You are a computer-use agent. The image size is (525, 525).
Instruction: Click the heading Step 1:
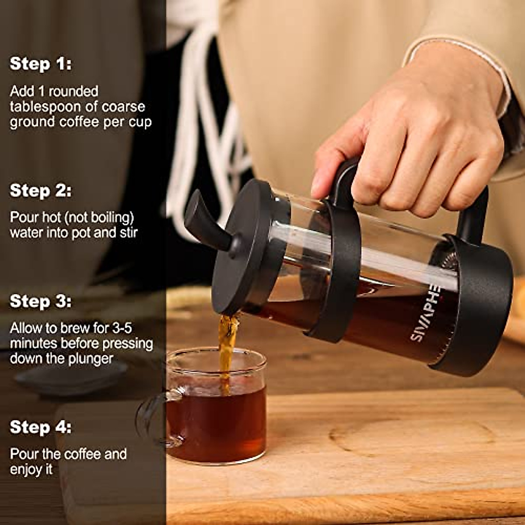coord(40,64)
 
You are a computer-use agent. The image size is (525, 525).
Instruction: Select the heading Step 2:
coord(40,191)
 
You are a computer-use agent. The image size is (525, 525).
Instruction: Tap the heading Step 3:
coord(40,301)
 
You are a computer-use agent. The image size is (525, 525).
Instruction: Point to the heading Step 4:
coord(40,427)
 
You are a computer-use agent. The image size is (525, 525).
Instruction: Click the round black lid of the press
coord(245,249)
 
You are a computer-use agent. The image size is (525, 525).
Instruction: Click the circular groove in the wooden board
coord(411,437)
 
